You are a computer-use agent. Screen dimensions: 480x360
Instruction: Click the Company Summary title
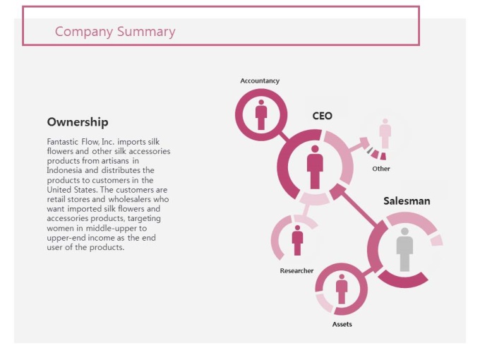click(x=115, y=32)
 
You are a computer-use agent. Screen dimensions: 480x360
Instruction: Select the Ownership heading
click(x=78, y=122)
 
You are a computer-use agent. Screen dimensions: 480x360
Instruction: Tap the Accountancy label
click(x=260, y=80)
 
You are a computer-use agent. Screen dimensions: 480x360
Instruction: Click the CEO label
click(x=323, y=116)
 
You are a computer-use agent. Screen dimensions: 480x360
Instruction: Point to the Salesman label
click(x=407, y=200)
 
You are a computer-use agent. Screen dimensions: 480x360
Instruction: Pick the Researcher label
click(x=296, y=270)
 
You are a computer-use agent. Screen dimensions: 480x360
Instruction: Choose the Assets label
click(x=342, y=324)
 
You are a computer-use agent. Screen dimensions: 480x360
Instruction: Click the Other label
click(x=381, y=169)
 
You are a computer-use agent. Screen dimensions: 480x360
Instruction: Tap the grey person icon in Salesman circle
click(x=404, y=249)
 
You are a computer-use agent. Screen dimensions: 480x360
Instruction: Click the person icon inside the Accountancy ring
click(x=261, y=115)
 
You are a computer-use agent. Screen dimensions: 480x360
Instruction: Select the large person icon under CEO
click(x=315, y=167)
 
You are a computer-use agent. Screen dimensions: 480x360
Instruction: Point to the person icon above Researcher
click(x=297, y=240)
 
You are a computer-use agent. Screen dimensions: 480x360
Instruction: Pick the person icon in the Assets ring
click(x=342, y=289)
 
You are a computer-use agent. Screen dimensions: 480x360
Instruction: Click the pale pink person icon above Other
click(x=385, y=133)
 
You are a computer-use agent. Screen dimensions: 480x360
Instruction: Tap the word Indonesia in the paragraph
click(x=64, y=170)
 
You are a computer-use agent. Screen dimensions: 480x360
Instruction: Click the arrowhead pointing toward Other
click(x=364, y=143)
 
